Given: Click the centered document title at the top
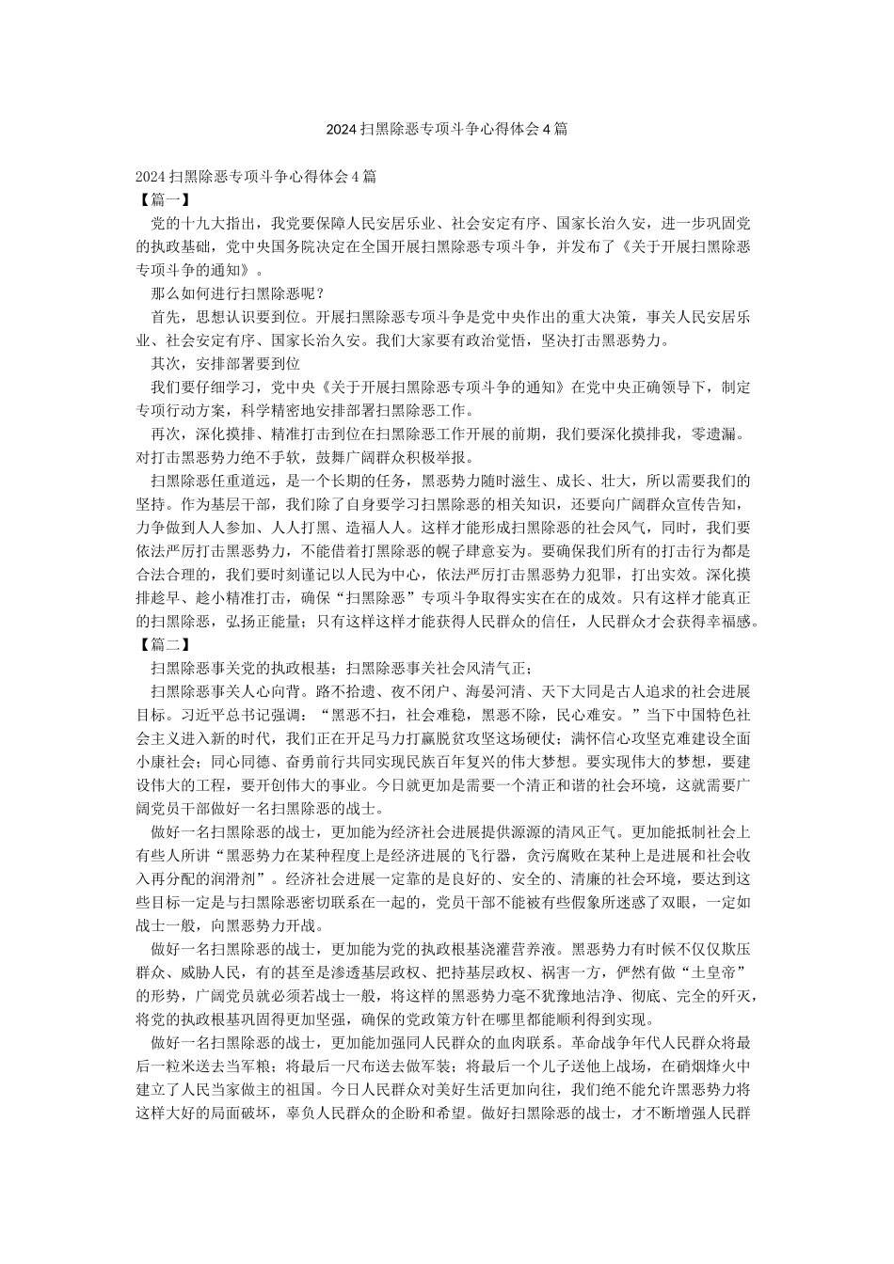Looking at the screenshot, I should point(446,129).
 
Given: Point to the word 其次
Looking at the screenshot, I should point(166,363).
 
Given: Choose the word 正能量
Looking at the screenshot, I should point(273,621).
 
